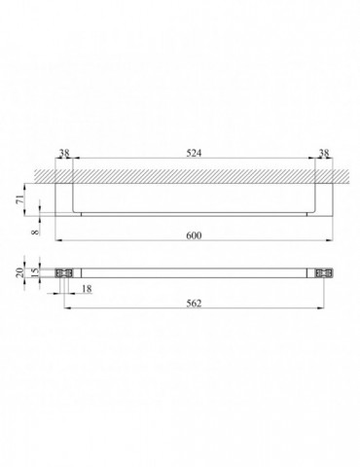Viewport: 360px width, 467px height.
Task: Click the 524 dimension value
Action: [194, 153]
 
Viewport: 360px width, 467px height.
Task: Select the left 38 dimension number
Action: [64, 153]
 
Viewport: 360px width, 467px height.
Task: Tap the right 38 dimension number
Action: [324, 153]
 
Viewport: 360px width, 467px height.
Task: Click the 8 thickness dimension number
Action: [35, 232]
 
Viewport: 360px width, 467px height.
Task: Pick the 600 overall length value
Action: [194, 235]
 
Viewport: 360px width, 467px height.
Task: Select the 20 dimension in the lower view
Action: [19, 272]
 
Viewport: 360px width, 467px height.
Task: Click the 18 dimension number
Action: [87, 288]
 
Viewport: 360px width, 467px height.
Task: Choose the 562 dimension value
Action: [194, 303]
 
